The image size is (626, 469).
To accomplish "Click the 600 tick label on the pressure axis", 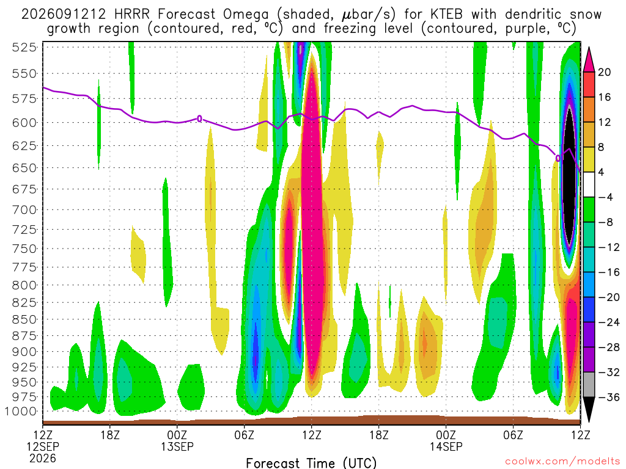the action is coord(24,123).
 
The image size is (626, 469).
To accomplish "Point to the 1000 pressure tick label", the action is coord(21,412).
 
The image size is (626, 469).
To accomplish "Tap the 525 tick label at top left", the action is coord(24,48).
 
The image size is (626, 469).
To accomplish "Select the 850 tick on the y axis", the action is coord(24,319).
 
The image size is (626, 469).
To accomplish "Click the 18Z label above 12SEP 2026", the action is coord(110,435).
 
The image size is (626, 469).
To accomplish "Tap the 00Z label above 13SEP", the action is coord(177,435).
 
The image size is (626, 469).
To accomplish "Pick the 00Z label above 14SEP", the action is coord(446,435).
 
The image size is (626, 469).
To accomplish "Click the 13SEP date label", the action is coord(177,446).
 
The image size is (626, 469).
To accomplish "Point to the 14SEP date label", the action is coord(446,446).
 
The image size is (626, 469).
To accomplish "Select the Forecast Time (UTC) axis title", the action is coord(311,463).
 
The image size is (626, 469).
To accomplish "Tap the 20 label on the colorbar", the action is coord(604,72).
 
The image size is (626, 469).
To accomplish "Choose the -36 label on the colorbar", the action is coord(608,397).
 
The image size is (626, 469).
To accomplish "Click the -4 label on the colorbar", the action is coord(605,197).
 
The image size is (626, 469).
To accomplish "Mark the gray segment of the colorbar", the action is coord(589,385).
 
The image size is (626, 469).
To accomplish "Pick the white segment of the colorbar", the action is coord(589,184).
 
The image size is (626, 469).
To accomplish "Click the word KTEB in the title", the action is coord(446,15).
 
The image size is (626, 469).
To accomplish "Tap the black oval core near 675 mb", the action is coord(570,175).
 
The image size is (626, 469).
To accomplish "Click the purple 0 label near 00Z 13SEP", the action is coord(200,118).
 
